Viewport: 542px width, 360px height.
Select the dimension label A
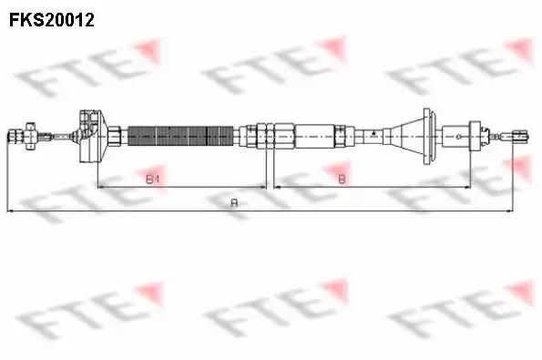[234, 203]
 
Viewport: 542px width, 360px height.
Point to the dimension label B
[341, 180]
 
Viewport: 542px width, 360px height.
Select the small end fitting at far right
[518, 137]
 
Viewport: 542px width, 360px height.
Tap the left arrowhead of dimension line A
[10, 211]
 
